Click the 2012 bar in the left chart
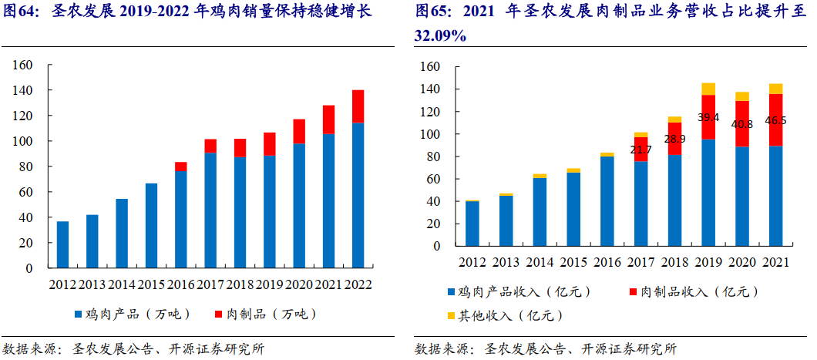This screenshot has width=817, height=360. tap(62, 244)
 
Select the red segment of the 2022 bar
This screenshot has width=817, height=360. tap(358, 106)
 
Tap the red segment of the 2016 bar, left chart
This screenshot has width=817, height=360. tap(181, 166)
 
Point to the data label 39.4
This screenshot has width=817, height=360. tap(708, 118)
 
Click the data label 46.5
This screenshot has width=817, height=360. tap(775, 121)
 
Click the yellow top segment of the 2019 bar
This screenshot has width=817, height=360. tap(708, 89)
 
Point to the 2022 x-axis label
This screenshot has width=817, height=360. tap(358, 284)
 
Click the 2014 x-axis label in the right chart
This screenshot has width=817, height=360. tap(540, 262)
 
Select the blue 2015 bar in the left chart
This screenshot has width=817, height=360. tap(151, 226)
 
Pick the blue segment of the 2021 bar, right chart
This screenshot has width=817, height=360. tap(775, 197)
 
